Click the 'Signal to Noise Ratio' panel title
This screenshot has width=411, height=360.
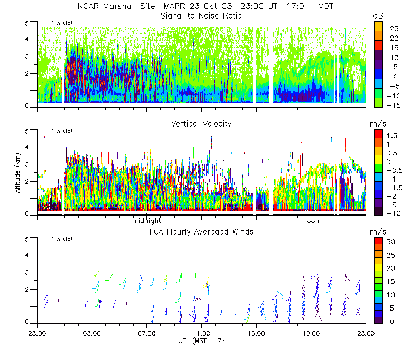(x=201, y=16)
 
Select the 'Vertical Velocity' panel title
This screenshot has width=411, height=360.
(x=201, y=123)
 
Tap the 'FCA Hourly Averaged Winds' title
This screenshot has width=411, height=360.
(x=201, y=232)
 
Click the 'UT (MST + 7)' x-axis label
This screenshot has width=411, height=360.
(x=201, y=340)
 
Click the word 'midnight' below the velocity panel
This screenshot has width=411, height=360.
(x=147, y=221)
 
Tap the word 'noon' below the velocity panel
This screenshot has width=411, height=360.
(x=311, y=221)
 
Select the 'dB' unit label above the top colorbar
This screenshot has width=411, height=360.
(x=378, y=16)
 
